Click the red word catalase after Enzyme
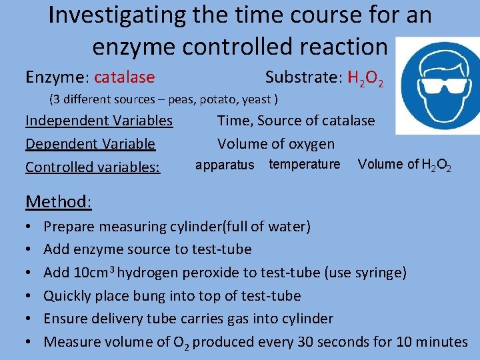coord(124,78)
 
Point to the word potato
coord(211,100)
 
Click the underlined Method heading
coord(58,201)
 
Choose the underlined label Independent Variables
coord(99,121)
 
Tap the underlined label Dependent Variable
coord(90,144)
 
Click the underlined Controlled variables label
coord(93,167)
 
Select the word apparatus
coord(225,165)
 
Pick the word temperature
coord(304,164)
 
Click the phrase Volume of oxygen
coord(276,144)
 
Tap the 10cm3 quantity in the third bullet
coord(99,272)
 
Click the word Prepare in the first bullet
coord(69,226)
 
